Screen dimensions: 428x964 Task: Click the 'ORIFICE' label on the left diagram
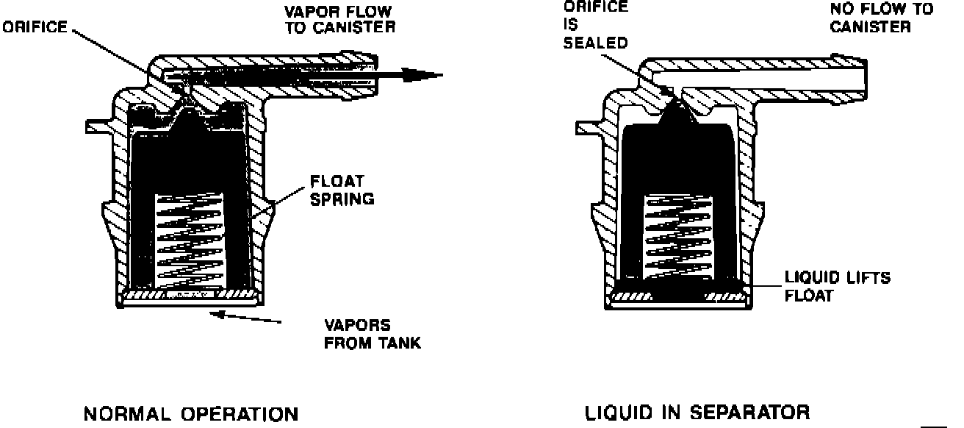pos(35,29)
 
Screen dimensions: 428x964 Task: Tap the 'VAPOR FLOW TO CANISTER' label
pos(339,20)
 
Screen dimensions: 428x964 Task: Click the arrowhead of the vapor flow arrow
pos(426,74)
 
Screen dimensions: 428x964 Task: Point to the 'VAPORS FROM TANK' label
pos(373,334)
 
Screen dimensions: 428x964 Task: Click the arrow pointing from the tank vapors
pos(246,318)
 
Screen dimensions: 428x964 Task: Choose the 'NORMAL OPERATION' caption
pos(191,414)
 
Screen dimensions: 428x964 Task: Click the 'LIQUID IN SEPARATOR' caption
pos(697,413)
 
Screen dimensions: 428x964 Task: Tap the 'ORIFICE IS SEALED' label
pos(595,25)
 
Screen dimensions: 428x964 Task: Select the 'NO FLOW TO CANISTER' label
pos(881,18)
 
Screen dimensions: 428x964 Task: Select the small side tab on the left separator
pos(97,126)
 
